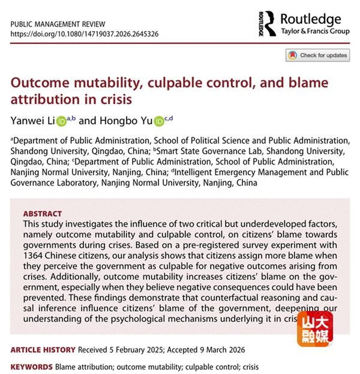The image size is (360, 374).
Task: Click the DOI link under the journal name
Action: [85, 34]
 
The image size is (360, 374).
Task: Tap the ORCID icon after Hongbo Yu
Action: [159, 121]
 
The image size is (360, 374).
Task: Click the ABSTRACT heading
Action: [42, 214]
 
